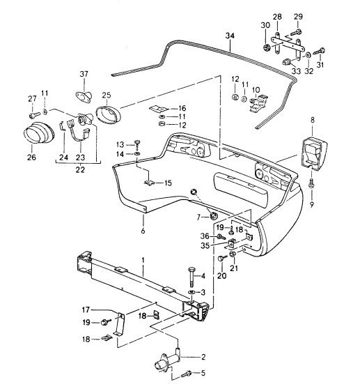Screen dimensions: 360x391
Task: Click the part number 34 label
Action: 230,36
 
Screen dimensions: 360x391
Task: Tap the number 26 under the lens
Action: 31,157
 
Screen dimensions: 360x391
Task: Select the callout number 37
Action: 84,74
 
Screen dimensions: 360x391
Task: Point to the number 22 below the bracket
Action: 80,169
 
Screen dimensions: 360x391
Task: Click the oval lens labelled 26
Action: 38,132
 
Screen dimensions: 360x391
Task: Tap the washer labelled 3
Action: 191,292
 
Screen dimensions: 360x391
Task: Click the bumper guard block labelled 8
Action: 313,153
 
